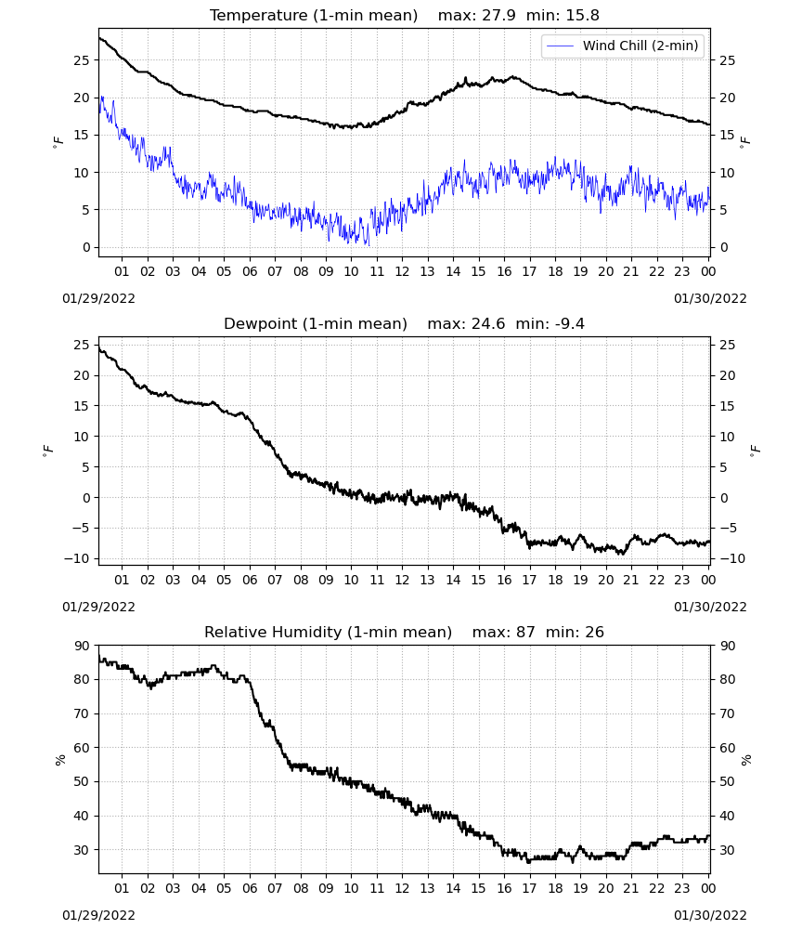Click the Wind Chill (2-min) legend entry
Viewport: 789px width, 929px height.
point(622,46)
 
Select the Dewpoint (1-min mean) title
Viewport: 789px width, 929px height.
point(316,323)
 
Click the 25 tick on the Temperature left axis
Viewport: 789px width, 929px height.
point(82,60)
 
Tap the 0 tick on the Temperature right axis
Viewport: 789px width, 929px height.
point(724,248)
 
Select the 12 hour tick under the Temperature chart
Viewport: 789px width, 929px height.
point(402,271)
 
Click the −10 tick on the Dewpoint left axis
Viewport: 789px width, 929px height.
point(78,558)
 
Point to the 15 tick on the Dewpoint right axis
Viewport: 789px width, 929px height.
point(728,407)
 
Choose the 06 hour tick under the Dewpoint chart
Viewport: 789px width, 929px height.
point(250,580)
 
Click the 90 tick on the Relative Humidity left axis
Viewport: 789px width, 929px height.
point(82,646)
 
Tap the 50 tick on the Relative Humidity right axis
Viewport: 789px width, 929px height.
point(728,781)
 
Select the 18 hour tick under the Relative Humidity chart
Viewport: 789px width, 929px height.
point(555,888)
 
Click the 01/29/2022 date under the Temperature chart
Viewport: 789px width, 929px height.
point(98,298)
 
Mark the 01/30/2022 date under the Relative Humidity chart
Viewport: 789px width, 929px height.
point(710,915)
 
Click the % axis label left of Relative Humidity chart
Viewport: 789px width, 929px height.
point(60,760)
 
